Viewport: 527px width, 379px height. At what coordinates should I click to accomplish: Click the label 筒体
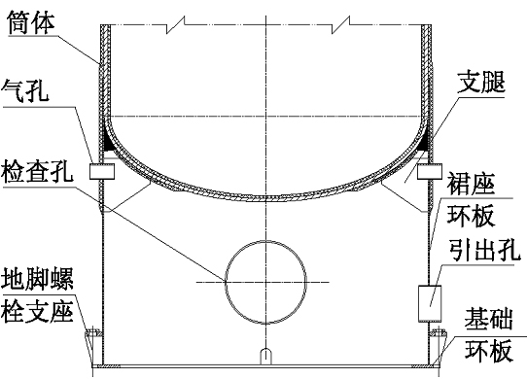31,21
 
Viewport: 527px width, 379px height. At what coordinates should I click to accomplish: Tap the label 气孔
25,90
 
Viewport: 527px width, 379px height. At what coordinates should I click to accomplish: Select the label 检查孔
37,171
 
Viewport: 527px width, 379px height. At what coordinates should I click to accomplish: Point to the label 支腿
481,83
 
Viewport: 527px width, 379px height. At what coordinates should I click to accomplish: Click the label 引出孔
485,250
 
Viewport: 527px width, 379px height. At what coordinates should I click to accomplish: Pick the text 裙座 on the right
471,184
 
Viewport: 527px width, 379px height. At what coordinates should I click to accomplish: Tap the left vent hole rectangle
102,171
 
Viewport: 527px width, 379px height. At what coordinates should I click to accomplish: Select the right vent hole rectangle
430,171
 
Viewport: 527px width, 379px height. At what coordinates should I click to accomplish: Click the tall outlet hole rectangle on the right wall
430,303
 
